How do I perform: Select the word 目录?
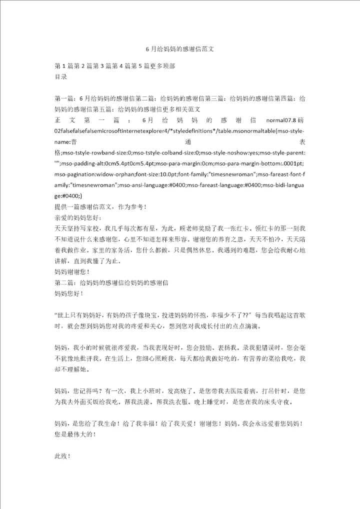60,77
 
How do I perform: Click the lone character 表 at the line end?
301,142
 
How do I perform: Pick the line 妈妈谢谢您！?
71,271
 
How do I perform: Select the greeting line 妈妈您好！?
68,293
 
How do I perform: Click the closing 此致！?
62,456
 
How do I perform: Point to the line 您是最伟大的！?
74,434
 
